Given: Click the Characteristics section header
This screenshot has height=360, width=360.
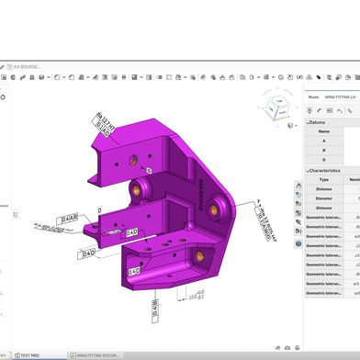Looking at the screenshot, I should tap(326, 171).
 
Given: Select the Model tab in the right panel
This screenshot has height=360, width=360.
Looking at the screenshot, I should tap(312, 96).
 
